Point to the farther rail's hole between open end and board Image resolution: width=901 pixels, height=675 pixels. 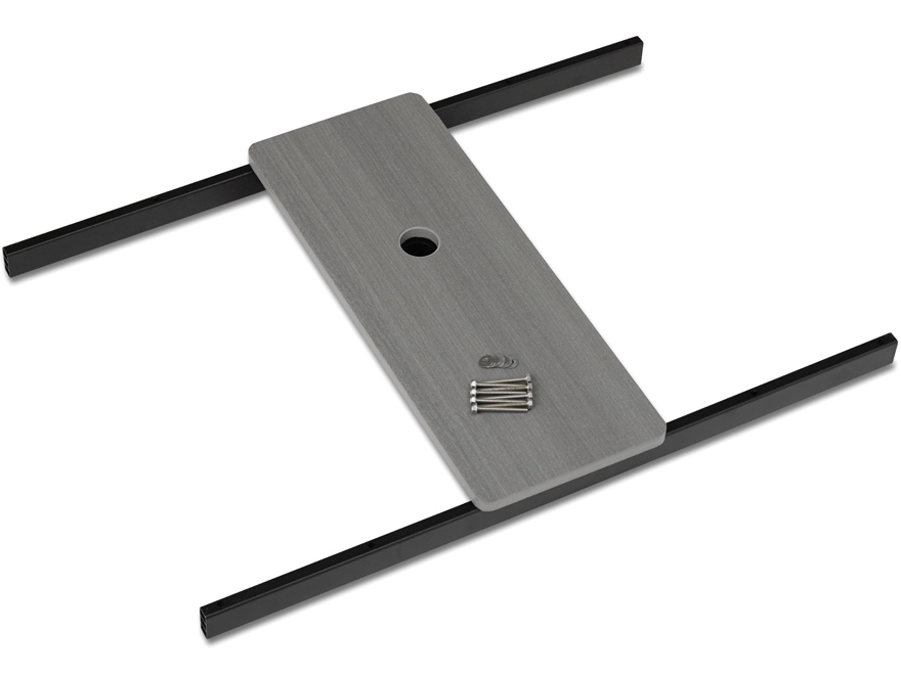[x=155, y=200]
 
